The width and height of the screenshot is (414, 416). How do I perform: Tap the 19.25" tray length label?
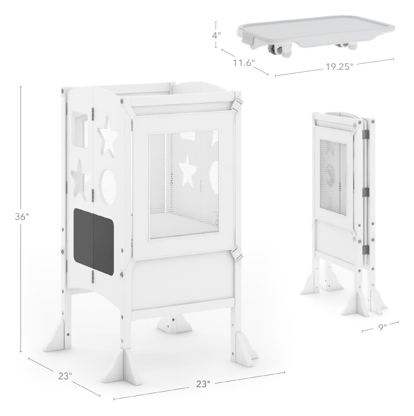coord(340,67)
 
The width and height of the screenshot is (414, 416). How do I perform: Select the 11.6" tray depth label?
coord(244,63)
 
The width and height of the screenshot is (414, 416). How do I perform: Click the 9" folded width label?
coord(383,328)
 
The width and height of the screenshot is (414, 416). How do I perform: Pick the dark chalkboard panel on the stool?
coord(93,241)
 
